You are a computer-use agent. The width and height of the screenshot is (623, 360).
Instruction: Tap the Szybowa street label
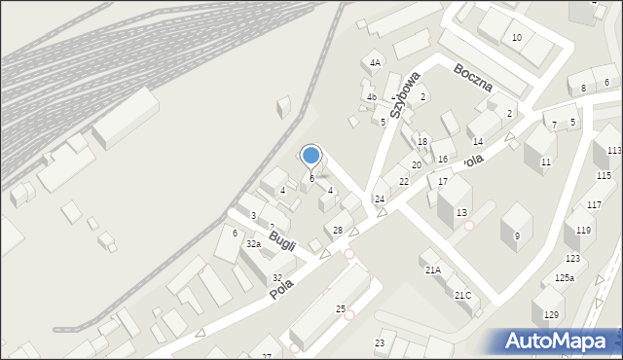pyautogui.click(x=406, y=94)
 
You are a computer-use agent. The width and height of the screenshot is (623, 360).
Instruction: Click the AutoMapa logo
pyautogui.click(x=560, y=342)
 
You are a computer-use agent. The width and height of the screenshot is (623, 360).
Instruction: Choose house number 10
pyautogui.click(x=517, y=38)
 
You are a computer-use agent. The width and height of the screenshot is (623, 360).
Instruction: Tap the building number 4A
pyautogui.click(x=375, y=63)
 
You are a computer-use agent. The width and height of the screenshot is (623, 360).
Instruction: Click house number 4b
pyautogui.click(x=371, y=97)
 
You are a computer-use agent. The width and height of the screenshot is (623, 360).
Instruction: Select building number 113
pyautogui.click(x=613, y=151)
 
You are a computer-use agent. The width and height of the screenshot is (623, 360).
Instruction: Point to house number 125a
pyautogui.click(x=565, y=278)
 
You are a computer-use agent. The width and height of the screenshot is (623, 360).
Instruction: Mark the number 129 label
pyautogui.click(x=551, y=314)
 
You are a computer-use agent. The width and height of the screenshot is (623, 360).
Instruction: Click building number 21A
pyautogui.click(x=432, y=270)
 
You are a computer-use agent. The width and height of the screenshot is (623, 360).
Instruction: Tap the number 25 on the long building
pyautogui.click(x=341, y=309)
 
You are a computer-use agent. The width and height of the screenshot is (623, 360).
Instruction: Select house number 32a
pyautogui.click(x=253, y=244)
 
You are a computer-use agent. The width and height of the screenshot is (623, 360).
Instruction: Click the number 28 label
pyautogui.click(x=337, y=231)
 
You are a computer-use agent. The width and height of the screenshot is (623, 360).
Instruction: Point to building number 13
pyautogui.click(x=461, y=213)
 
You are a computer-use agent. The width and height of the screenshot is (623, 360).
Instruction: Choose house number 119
pyautogui.click(x=582, y=231)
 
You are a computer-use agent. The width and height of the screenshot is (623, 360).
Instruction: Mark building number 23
pyautogui.click(x=380, y=343)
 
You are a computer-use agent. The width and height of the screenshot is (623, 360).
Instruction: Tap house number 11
pyautogui.click(x=546, y=162)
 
